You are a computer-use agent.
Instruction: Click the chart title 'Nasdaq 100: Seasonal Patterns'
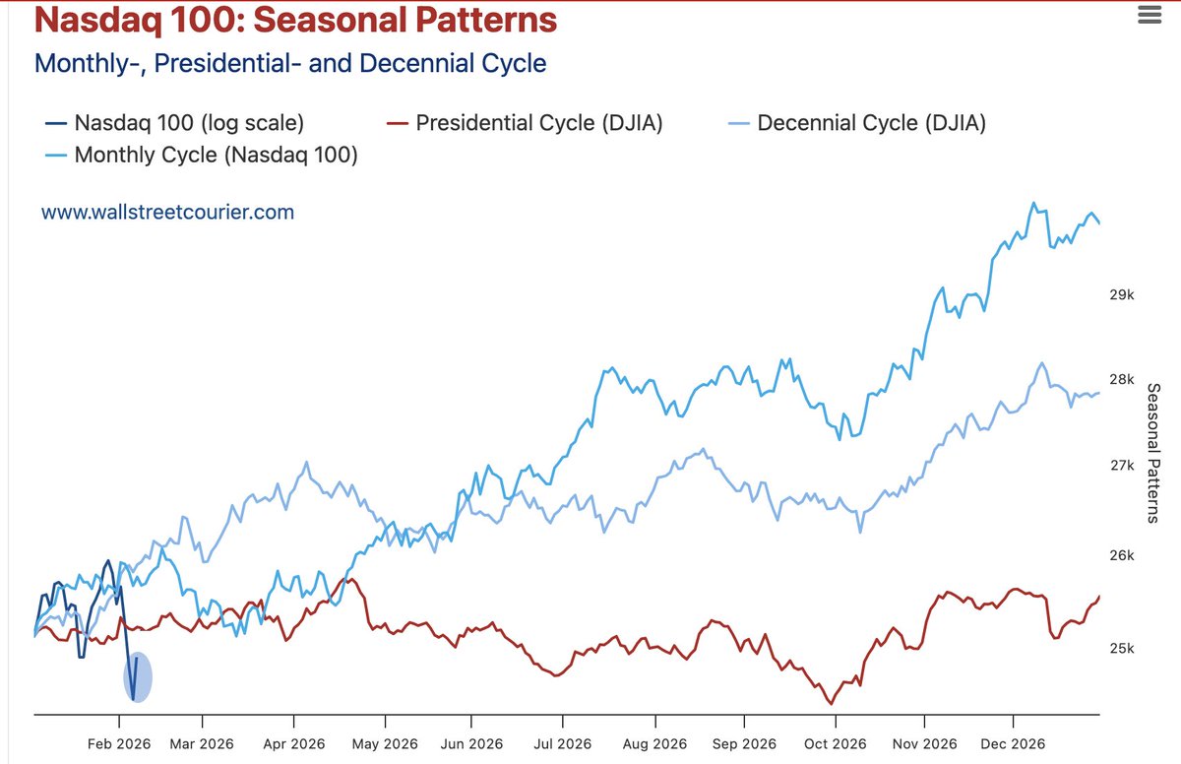[x=295, y=20]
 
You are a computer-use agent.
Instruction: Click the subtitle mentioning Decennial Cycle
[x=290, y=64]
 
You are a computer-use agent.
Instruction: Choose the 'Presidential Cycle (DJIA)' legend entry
[x=526, y=123]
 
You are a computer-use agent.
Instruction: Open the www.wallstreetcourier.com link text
[x=167, y=212]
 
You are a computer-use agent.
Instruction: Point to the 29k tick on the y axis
[x=1122, y=294]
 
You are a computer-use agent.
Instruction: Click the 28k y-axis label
[x=1122, y=380]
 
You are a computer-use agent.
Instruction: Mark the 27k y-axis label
[x=1122, y=465]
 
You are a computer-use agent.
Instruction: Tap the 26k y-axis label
[x=1122, y=556]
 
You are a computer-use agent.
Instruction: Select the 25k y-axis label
[x=1122, y=649]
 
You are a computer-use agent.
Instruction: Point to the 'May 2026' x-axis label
[x=385, y=743]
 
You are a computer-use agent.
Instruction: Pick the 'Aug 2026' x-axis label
[x=653, y=743]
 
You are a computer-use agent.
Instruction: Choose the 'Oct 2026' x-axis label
[x=834, y=743]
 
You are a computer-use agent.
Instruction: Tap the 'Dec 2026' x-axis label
[x=1013, y=743]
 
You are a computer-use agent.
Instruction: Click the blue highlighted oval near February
[x=138, y=677]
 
